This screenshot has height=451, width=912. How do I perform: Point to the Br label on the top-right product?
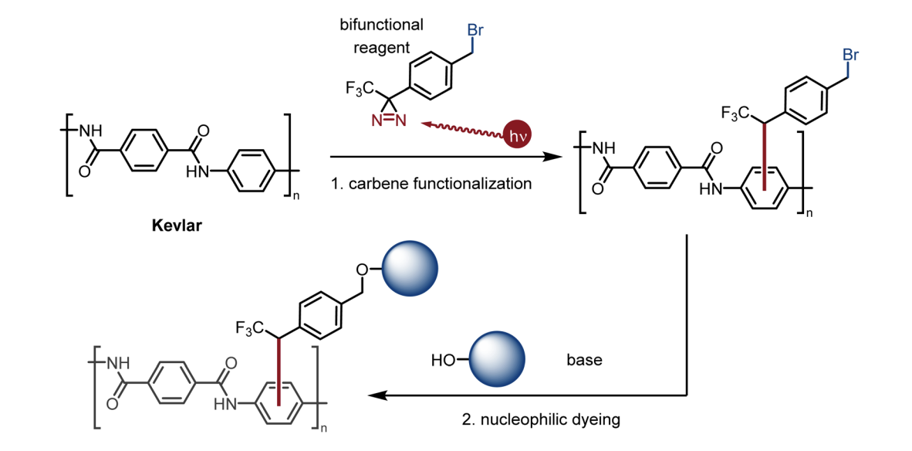[x=850, y=56]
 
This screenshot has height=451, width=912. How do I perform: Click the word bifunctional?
[x=381, y=25]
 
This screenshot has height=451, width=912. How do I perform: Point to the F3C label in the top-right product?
[x=735, y=114]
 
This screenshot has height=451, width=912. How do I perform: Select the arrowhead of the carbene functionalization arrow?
[x=554, y=157]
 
